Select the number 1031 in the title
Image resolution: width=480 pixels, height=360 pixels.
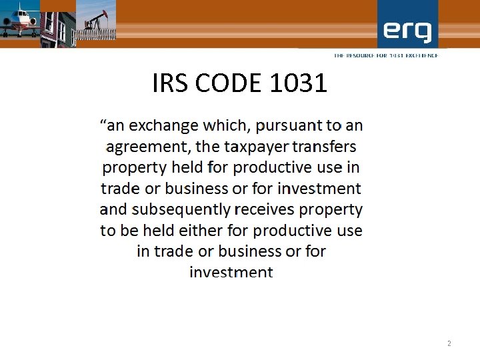[299, 83]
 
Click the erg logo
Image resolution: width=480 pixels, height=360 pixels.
[407, 31]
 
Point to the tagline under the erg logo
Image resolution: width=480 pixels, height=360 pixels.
[386, 55]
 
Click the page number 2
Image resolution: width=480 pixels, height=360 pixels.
[449, 343]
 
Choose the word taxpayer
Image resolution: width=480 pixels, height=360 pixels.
[253, 147]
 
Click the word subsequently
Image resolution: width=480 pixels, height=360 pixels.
[181, 209]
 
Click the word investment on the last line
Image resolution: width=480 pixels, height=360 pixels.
[231, 272]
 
